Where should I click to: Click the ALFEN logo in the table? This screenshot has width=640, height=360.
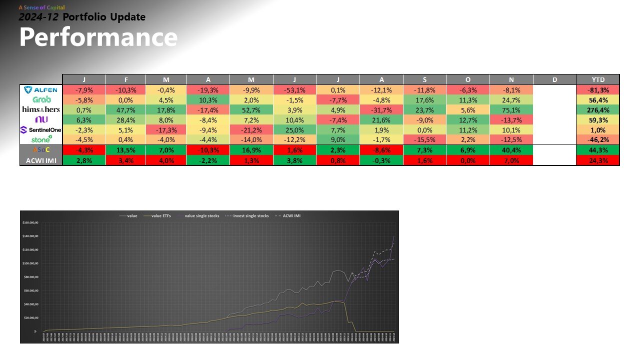[41, 90]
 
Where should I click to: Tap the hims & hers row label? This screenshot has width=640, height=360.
[41, 109]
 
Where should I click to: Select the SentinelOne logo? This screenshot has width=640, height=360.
[41, 129]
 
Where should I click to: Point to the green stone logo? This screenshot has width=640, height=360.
[41, 139]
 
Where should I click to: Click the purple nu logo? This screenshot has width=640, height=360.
[41, 119]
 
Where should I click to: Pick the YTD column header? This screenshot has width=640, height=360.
[598, 79]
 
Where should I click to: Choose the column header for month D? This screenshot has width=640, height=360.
[555, 79]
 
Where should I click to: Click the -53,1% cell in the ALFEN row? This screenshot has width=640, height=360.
[295, 90]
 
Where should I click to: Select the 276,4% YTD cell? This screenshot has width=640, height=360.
[598, 109]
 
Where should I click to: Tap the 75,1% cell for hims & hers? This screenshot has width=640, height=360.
[511, 109]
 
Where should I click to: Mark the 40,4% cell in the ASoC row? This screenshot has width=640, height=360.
[511, 150]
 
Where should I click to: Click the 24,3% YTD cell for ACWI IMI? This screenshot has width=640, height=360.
[598, 160]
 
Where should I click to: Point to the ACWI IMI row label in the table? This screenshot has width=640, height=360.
[41, 160]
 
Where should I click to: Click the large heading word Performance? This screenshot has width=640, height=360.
[98, 38]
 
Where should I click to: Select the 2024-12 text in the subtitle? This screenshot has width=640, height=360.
[38, 17]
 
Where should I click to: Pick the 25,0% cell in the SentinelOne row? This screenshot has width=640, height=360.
[295, 129]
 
